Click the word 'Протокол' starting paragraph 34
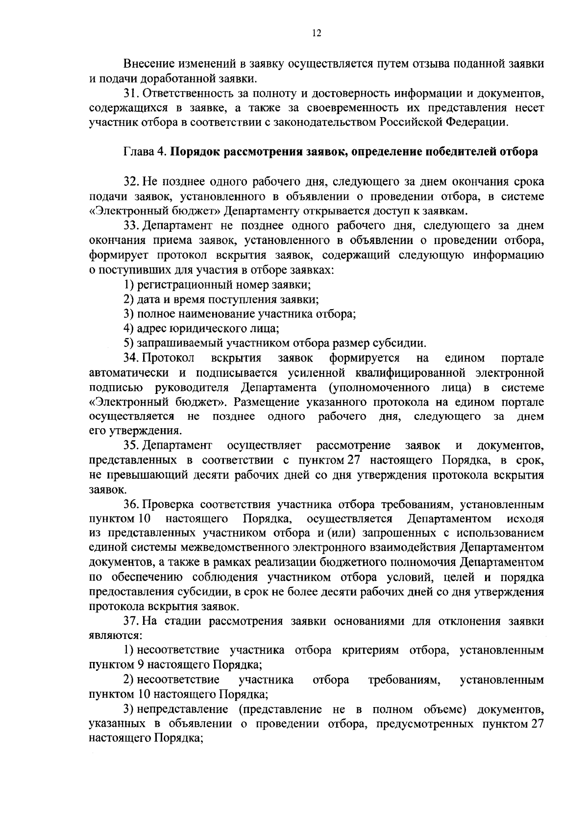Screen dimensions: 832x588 pyautogui.click(x=168, y=358)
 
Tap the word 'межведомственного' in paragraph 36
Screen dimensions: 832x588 pyautogui.click(x=233, y=548)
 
